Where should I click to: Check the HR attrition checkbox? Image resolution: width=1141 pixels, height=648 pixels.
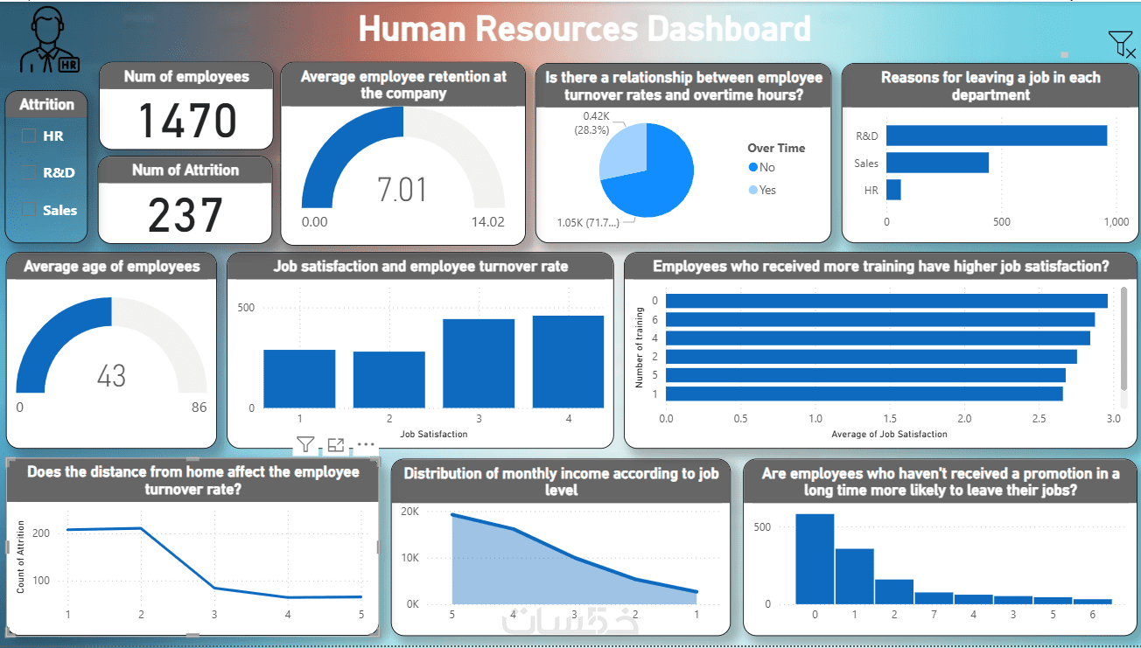point(29,136)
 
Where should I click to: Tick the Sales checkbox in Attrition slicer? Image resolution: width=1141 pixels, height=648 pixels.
point(29,210)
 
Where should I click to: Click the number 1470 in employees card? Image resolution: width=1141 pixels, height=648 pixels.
point(188,122)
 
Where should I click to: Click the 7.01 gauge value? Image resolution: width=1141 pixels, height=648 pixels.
point(402,190)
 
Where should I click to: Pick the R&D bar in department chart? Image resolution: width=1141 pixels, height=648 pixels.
point(996,136)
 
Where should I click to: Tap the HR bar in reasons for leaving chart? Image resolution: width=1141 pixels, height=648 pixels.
point(893,190)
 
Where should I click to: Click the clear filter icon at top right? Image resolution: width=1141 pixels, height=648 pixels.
point(1121,44)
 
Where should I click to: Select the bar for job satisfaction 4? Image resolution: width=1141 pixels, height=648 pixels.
point(568,362)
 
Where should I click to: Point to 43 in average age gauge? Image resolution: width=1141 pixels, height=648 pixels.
point(111,376)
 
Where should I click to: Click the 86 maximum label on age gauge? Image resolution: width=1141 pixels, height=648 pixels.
point(199,408)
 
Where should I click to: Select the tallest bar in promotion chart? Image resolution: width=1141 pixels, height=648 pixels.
point(815,558)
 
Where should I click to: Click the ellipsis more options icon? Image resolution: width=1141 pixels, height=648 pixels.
point(366,444)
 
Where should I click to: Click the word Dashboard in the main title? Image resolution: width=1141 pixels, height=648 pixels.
point(729,29)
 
